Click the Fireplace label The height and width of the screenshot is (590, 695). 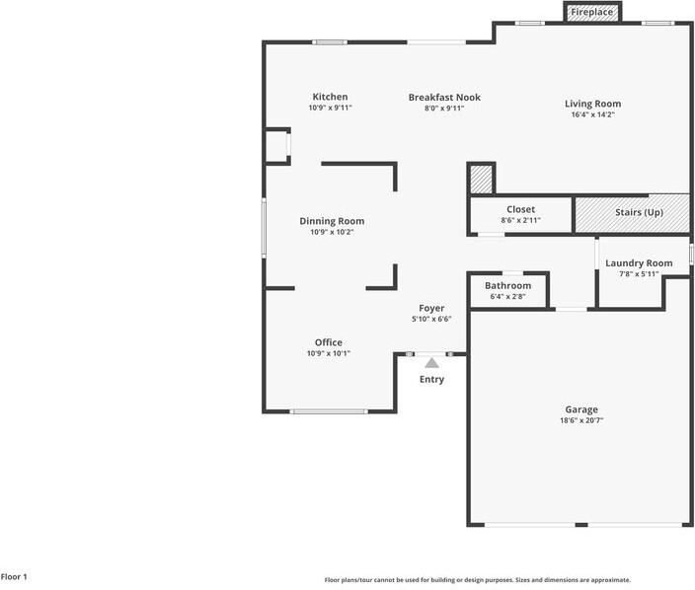tap(591, 12)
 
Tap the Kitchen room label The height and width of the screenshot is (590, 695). tap(330, 97)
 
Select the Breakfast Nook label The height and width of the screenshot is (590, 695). tap(444, 97)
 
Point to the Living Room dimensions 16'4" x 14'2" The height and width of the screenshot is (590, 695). tap(593, 114)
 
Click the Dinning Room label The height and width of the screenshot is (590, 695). tap(332, 221)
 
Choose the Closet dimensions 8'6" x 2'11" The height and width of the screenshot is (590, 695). tap(521, 220)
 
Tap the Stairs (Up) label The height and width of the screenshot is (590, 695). tap(639, 212)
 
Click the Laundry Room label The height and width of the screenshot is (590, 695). tap(639, 263)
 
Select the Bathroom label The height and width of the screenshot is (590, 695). tap(508, 286)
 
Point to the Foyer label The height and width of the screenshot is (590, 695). tap(431, 308)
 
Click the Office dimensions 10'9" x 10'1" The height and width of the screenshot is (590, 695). tap(329, 353)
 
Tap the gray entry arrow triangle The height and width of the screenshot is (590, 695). tap(431, 363)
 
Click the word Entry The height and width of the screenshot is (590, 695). tap(431, 379)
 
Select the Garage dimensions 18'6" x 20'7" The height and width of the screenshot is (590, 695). tap(581, 420)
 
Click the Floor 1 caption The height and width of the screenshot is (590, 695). tap(14, 577)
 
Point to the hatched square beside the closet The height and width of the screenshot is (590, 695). tap(481, 180)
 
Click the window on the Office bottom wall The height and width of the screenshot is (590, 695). tap(329, 411)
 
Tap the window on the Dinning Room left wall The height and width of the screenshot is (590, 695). tap(265, 228)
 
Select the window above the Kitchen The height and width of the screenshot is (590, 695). tap(330, 42)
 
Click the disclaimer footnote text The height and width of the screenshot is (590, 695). tap(478, 580)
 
